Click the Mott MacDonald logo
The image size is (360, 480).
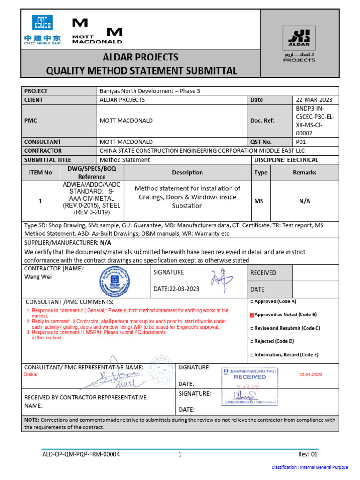pyautogui.click(x=97, y=31)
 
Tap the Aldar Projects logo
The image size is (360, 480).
pyautogui.click(x=299, y=45)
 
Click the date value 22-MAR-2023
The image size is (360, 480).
pyautogui.click(x=313, y=100)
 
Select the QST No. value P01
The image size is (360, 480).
pyautogui.click(x=300, y=142)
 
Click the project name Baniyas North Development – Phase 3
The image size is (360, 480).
pyautogui.click(x=150, y=91)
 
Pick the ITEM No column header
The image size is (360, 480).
pyautogui.click(x=40, y=172)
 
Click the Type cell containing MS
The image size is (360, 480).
pyautogui.click(x=259, y=201)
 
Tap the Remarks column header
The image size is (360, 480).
pyautogui.click(x=305, y=172)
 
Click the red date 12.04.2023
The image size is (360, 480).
pyautogui.click(x=310, y=375)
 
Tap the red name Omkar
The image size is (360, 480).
pyautogui.click(x=30, y=375)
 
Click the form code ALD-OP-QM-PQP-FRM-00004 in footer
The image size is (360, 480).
pyautogui.click(x=81, y=454)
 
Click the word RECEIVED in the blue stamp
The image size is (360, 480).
pyautogui.click(x=249, y=377)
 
